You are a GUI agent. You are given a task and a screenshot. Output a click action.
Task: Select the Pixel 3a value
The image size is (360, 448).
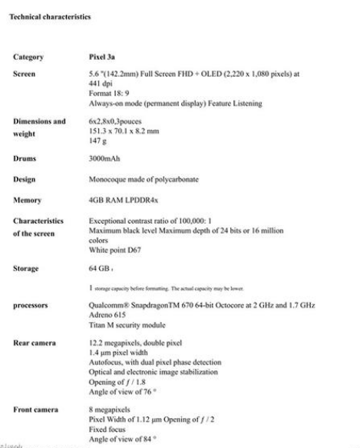(104, 57)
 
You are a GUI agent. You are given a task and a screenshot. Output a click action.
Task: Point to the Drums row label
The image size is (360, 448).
(27, 159)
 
